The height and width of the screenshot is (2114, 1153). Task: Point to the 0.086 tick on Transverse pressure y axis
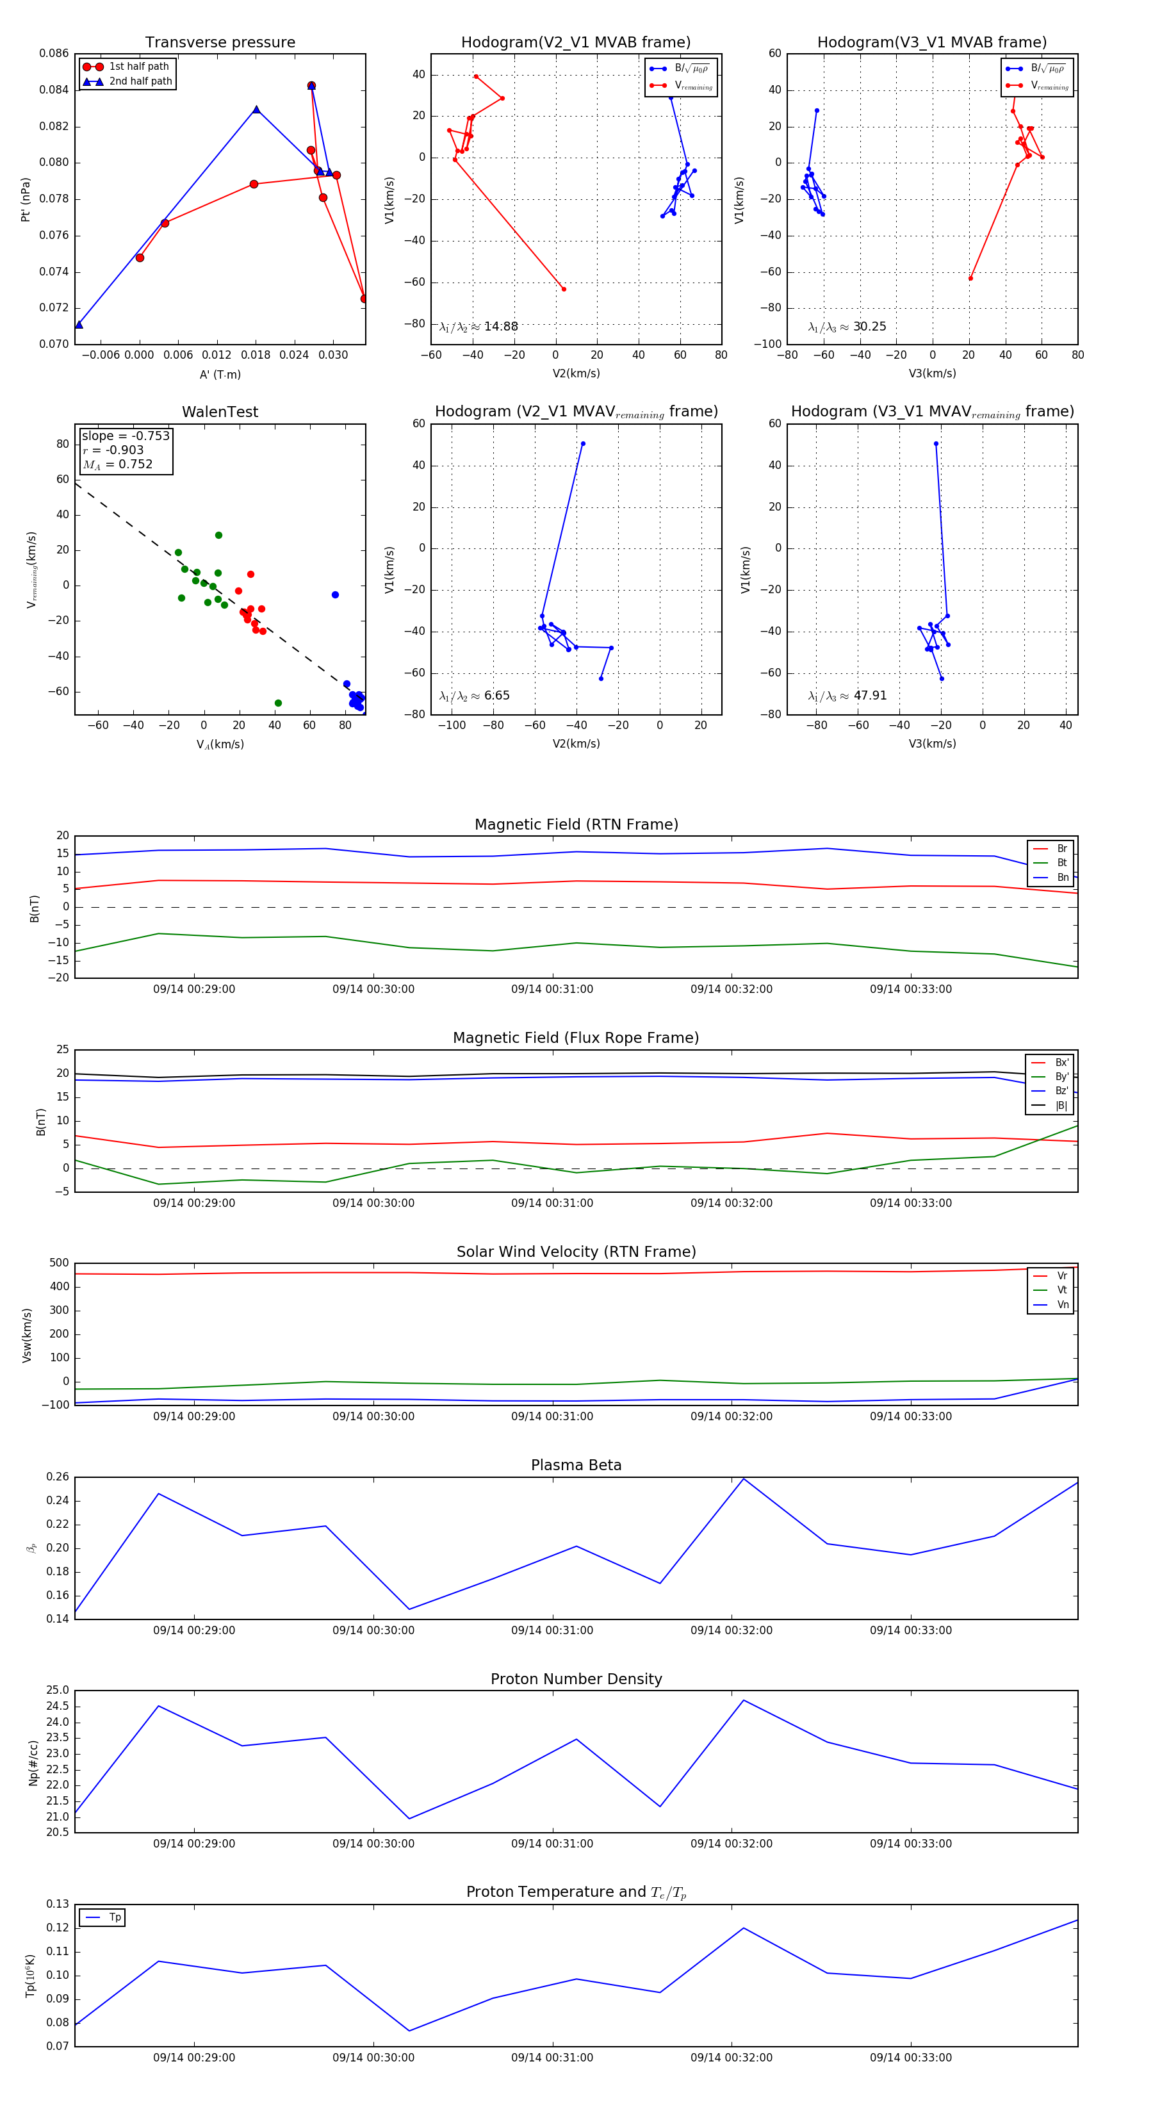(54, 53)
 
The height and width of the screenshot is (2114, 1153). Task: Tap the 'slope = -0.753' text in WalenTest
(126, 436)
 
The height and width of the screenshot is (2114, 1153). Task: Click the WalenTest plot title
(220, 412)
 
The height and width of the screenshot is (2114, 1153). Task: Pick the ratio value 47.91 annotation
(870, 695)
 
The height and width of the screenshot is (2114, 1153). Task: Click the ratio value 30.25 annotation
(869, 327)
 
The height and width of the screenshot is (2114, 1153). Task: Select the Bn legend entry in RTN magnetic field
(1062, 877)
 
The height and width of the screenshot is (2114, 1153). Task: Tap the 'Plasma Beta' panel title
(576, 1465)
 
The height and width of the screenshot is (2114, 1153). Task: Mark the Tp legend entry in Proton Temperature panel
(115, 1917)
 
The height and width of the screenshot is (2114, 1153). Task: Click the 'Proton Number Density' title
(576, 1679)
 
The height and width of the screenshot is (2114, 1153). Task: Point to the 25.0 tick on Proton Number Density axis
(58, 1691)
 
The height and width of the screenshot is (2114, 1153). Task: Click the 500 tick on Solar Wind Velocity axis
(59, 1263)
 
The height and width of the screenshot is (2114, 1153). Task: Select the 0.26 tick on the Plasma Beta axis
(58, 1477)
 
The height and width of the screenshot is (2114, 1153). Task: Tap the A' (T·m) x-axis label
(220, 374)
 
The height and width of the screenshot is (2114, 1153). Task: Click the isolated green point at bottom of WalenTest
(278, 703)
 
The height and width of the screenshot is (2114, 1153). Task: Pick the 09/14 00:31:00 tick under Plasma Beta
(552, 1630)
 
